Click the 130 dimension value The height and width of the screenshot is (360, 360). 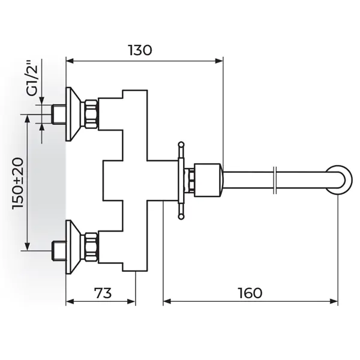click(140, 50)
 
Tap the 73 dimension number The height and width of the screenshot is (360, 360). click(103, 293)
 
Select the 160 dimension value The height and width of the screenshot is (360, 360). click(250, 293)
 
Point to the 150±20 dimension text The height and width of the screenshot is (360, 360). click(19, 183)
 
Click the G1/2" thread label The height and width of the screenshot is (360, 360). click(32, 78)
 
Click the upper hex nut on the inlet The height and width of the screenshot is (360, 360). click(92, 114)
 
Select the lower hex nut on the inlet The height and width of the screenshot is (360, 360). click(92, 247)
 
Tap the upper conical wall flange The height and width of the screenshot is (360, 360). click(73, 114)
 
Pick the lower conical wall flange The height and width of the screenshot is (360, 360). click(73, 247)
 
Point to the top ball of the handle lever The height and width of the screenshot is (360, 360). click(181, 144)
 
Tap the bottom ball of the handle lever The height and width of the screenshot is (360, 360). click(181, 217)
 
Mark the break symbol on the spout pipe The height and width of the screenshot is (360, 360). click(275, 181)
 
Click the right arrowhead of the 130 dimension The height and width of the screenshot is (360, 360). click(219, 61)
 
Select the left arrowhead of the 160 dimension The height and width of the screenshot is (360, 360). click(167, 301)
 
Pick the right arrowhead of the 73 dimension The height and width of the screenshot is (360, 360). click(131, 301)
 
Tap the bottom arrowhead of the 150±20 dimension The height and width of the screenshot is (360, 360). click(28, 247)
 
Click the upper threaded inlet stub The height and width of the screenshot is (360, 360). click(59, 115)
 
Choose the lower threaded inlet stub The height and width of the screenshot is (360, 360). click(59, 251)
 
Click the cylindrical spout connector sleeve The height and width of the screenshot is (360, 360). click(208, 180)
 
